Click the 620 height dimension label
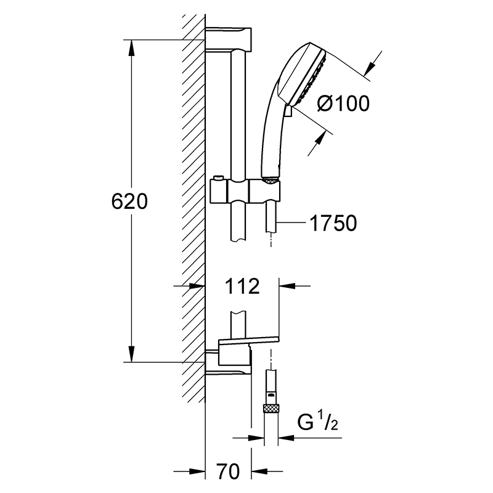point(129,202)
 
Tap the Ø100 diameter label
point(343,104)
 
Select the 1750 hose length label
point(333,223)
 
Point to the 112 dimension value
point(242,286)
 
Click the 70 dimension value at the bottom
point(228,471)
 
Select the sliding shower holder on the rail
point(245,191)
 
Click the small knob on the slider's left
point(218,179)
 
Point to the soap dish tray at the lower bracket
point(249,340)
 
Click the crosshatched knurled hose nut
point(271,409)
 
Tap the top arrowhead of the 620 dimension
point(131,48)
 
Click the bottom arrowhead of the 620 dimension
point(131,354)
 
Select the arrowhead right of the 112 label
point(287,286)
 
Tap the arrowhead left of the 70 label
point(197,471)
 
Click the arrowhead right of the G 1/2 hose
point(286,438)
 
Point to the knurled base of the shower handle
point(271,181)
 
